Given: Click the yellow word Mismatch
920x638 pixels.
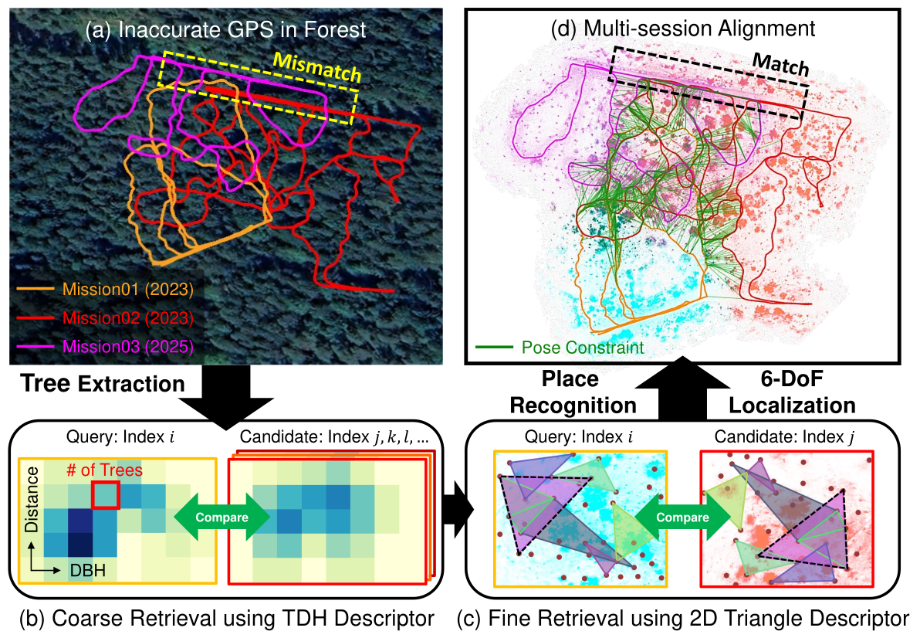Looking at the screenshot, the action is pos(317,67).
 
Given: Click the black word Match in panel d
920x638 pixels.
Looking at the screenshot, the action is pos(781,63).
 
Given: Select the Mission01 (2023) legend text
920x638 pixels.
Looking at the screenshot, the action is pos(128,290).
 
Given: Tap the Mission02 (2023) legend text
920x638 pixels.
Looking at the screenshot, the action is pos(128,317).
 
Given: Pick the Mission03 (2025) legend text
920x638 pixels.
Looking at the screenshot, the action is pos(128,346).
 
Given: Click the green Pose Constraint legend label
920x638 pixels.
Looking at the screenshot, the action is pos(583,348).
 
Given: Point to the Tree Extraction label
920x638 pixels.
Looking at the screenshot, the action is pos(103,384).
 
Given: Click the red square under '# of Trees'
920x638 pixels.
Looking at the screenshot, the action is pos(106,494).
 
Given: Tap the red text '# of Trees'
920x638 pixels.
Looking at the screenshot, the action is pos(104,470).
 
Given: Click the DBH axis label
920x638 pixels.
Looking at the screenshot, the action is pos(88,570).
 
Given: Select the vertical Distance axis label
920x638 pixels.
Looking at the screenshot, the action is pos(32,500).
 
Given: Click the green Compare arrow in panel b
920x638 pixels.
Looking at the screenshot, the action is pos(222,517).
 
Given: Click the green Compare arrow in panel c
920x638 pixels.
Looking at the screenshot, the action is pos(683,517).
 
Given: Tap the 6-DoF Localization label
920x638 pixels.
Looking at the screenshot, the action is pos(792,392).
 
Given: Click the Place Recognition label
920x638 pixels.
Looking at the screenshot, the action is pos(573,392).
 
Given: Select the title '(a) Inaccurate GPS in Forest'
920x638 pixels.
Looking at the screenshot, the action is pos(226,30).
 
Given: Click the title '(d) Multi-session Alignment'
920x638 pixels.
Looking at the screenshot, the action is pos(683,28).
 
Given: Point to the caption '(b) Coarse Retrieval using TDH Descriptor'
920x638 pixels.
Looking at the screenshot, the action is pos(226,619).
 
